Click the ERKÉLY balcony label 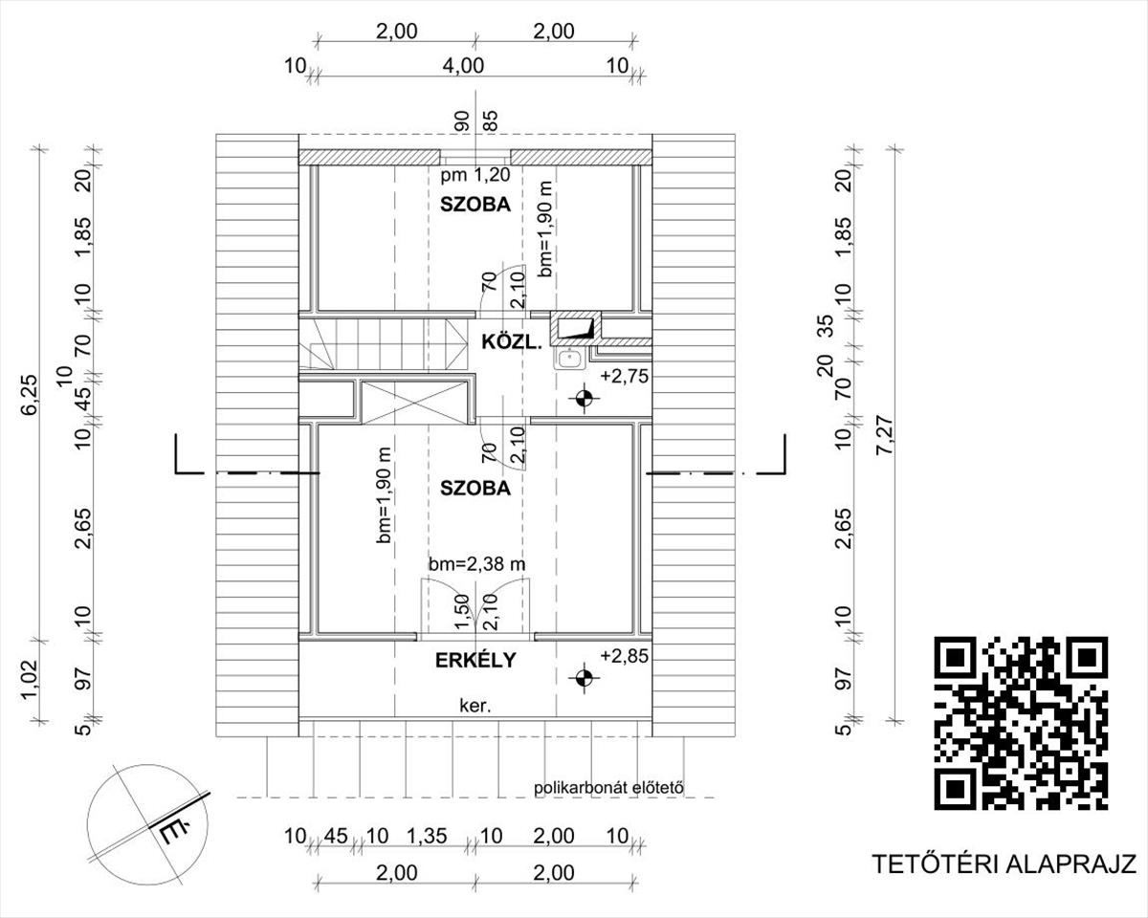(475, 660)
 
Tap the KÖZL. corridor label (512, 342)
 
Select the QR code (1021, 723)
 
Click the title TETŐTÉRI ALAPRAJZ (1004, 879)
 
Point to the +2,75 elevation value (624, 376)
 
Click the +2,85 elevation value (624, 656)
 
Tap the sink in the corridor (571, 359)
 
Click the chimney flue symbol (576, 326)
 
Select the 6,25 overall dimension (31, 394)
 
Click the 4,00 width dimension (464, 66)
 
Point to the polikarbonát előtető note (608, 787)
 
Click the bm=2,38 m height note (477, 564)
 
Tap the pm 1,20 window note (475, 174)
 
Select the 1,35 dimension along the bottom (427, 836)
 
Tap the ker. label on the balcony (475, 707)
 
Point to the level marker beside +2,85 (585, 678)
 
